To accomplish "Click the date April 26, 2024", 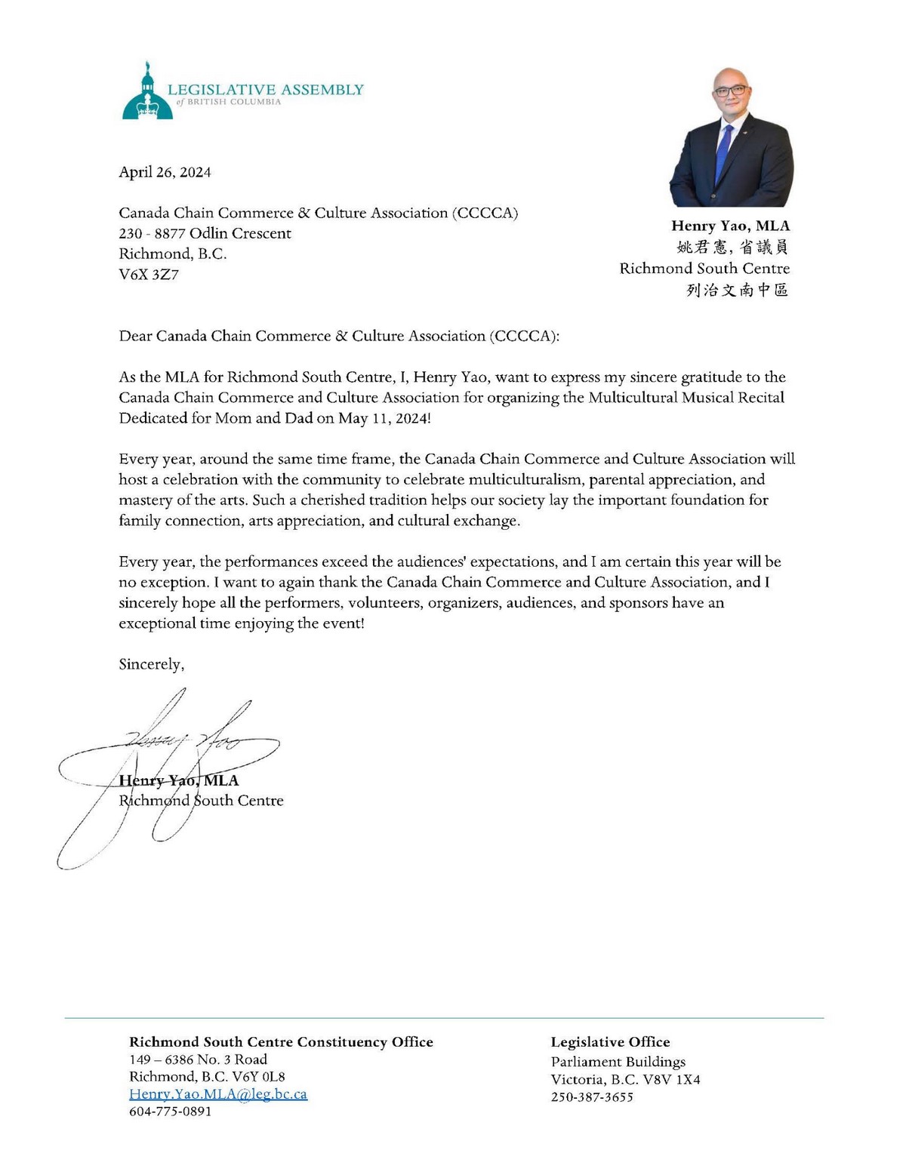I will click(x=165, y=172).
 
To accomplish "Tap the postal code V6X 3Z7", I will click(x=149, y=275).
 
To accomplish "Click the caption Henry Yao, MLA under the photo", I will click(x=730, y=226).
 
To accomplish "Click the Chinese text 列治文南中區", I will click(x=737, y=290).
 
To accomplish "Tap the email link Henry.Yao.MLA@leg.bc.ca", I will click(x=218, y=1094).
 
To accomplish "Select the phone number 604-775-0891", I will click(x=171, y=1112).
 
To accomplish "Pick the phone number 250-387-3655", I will click(x=592, y=1097).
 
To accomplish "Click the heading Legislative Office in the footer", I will click(x=610, y=1042).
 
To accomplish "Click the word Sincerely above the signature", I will click(x=151, y=664).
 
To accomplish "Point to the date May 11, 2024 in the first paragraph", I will click(x=384, y=418).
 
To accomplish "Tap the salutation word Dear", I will click(x=135, y=336).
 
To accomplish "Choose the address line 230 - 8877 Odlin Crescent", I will click(x=205, y=234).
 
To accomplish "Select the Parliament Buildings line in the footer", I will click(x=618, y=1062).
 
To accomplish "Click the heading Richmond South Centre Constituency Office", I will click(x=281, y=1042).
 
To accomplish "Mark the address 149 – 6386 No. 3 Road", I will click(x=198, y=1060).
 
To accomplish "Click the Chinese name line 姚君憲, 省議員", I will click(x=732, y=247).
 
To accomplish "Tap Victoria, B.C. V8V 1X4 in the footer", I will click(x=625, y=1080).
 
